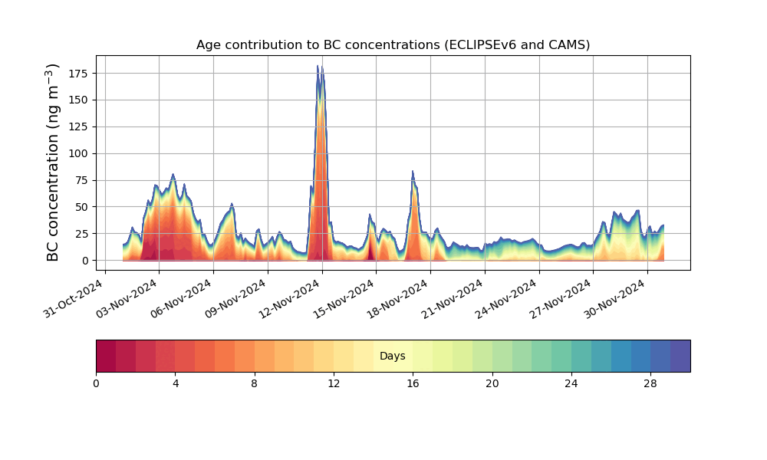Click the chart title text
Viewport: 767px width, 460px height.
pos(393,44)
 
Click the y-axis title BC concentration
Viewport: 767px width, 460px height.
pos(53,163)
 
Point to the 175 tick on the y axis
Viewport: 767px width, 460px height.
pos(77,74)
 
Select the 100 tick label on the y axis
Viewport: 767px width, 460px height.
pos(77,153)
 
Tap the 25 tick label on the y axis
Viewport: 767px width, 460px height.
pos(81,234)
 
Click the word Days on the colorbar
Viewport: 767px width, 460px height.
pos(393,356)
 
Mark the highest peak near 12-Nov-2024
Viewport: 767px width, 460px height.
pos(318,66)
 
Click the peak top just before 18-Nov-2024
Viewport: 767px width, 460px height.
pos(413,172)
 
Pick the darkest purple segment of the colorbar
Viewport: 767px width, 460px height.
pos(680,356)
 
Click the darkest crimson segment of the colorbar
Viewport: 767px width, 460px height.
pos(106,356)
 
